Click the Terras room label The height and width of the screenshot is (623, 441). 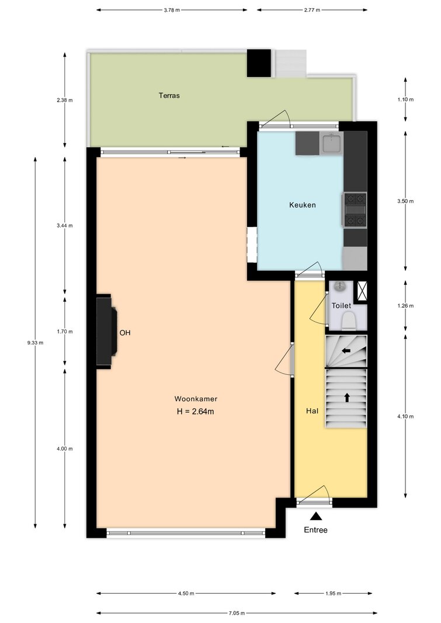coord(169,95)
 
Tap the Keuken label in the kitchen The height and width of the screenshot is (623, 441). coord(303,205)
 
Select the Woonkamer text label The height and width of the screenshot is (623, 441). coord(196,399)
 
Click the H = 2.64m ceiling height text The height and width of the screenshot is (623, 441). coord(196,412)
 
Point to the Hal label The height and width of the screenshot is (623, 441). coord(312,411)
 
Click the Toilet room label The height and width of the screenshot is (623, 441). coord(341,305)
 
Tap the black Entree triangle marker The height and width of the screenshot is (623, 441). coord(316,516)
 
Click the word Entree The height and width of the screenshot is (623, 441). coord(316,530)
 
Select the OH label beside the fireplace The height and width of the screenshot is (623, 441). coord(125,333)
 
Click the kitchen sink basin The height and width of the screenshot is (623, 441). coord(332,143)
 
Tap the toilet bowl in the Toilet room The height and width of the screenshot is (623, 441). coord(349,321)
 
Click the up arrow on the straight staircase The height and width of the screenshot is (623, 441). coord(347,397)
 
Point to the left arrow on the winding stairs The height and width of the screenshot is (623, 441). coord(346,351)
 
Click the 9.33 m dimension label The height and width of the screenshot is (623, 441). coord(36,343)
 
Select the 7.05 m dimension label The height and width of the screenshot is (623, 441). coord(237,613)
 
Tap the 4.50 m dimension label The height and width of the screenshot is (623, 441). coord(186,594)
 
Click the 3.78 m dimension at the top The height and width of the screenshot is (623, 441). coord(172,10)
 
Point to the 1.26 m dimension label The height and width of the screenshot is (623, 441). coord(405,306)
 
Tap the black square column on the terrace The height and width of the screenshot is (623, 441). coord(259,63)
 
